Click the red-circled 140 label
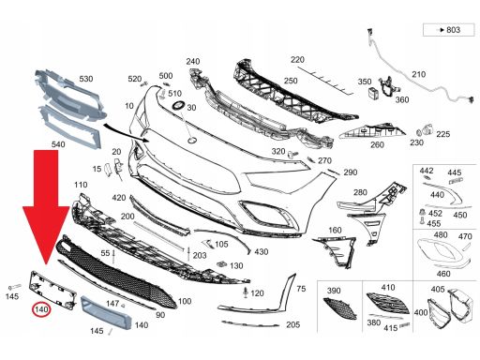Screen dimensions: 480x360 point(41,309)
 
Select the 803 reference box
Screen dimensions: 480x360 point(448,30)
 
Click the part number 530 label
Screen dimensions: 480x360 point(86,79)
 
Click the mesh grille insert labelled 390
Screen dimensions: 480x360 point(340,308)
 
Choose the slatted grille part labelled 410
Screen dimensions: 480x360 point(388,303)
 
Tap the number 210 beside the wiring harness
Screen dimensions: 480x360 point(419,74)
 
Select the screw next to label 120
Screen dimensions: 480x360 point(246,292)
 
